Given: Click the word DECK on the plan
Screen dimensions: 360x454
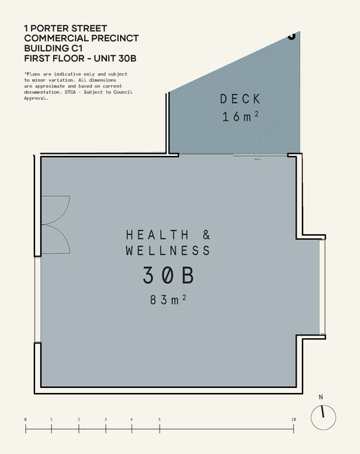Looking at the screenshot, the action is click(x=240, y=98).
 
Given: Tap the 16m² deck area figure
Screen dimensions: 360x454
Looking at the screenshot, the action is click(x=240, y=116).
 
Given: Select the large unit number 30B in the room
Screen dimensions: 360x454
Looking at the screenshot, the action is click(x=168, y=275).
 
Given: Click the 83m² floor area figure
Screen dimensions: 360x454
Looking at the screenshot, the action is click(x=167, y=300).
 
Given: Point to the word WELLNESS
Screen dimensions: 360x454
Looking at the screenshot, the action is click(x=168, y=251).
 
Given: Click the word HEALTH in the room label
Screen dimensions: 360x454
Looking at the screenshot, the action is click(x=157, y=235).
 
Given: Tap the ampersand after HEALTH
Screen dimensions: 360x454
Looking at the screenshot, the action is click(x=206, y=235).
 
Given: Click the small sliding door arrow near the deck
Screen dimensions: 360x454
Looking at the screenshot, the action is click(x=257, y=159).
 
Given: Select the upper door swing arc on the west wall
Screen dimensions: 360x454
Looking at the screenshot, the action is click(x=66, y=208).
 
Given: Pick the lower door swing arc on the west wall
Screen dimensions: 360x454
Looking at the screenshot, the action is click(x=65, y=239).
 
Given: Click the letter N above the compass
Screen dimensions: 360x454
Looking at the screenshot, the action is click(x=320, y=397).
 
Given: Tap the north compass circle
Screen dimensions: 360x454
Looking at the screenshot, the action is click(x=311, y=417).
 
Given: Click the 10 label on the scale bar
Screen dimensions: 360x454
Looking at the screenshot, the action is click(x=293, y=420).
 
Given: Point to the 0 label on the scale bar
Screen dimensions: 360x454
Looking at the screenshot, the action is click(x=25, y=420).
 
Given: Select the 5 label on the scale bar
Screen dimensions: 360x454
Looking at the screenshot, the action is click(x=160, y=420).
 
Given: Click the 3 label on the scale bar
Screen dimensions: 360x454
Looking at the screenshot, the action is click(x=106, y=420).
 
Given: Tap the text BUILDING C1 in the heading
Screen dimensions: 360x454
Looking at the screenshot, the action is click(x=54, y=48).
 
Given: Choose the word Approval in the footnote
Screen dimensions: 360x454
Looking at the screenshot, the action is click(x=36, y=98).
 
